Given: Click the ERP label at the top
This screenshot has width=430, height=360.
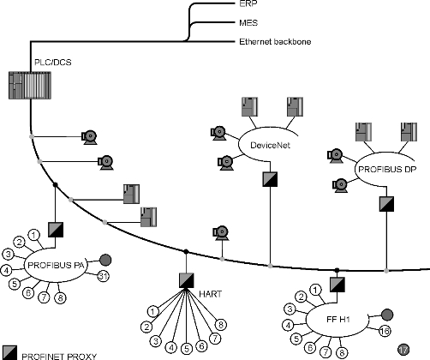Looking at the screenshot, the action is [x=248, y=3].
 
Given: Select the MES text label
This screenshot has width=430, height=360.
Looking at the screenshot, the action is [x=248, y=22].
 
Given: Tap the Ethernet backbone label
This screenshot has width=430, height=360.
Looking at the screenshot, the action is [x=275, y=42].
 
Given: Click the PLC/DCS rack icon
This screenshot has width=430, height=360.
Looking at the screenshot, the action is [x=30, y=86].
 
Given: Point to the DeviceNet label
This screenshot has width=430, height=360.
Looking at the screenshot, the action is [x=270, y=145].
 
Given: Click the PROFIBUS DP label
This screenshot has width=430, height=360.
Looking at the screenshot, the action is [x=387, y=170].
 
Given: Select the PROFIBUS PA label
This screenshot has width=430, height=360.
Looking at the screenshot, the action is [x=56, y=265].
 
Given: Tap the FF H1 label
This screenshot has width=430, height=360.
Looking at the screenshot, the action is [x=338, y=319].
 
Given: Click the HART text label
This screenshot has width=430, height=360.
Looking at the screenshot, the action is [x=210, y=294].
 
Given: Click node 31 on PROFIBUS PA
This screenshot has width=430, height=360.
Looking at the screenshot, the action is [x=103, y=276].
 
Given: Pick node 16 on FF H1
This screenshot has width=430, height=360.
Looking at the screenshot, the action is [x=385, y=331].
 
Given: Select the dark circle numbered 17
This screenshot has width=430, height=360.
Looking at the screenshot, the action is [x=403, y=350].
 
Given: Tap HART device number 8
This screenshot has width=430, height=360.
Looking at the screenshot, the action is [x=221, y=325].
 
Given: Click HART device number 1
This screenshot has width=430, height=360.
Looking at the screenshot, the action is [x=153, y=311].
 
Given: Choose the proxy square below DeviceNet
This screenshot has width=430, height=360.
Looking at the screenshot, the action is [x=270, y=179].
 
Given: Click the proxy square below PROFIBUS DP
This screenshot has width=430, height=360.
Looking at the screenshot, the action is [x=386, y=204].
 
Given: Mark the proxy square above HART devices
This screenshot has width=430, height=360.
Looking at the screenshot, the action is [x=187, y=280].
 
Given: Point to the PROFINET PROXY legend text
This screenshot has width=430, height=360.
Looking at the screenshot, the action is [x=59, y=357].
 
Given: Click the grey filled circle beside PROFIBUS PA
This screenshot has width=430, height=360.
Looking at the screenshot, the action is [x=105, y=260].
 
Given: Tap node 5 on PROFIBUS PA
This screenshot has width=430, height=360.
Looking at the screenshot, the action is [x=15, y=284].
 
